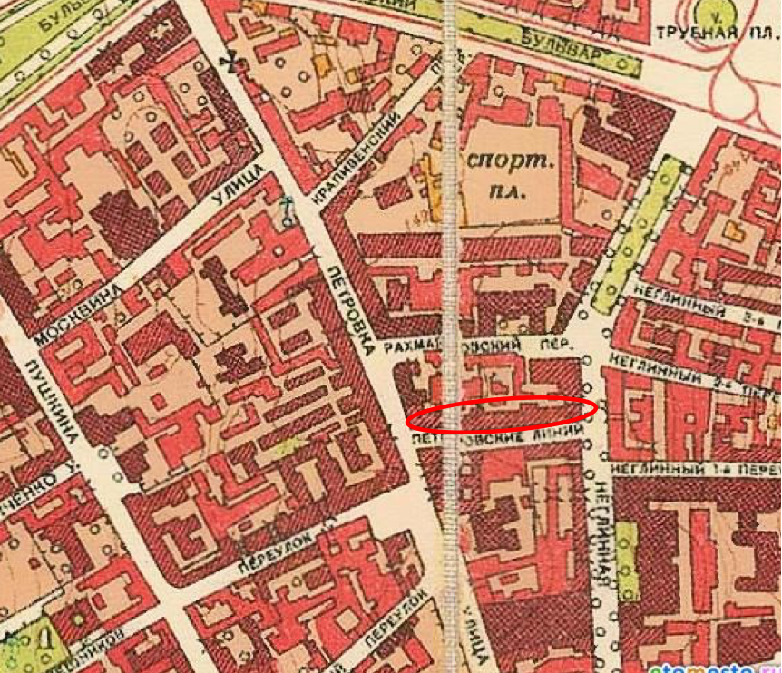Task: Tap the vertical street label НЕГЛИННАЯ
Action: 603,531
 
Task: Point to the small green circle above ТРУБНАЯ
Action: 714,11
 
